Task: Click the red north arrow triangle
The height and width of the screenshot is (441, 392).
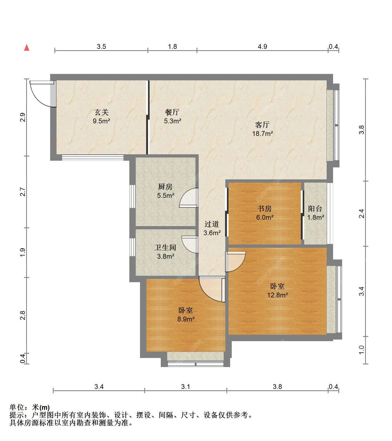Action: click(27, 48)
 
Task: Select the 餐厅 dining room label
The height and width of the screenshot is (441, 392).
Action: click(172, 112)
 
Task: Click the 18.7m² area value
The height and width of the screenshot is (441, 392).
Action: click(263, 134)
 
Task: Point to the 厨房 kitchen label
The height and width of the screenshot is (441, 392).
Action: click(165, 187)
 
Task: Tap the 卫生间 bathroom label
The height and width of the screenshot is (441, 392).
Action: click(165, 247)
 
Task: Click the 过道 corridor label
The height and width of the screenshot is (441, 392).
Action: click(212, 224)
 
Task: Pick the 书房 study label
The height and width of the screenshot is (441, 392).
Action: click(265, 208)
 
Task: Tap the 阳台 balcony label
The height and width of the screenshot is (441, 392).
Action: click(315, 208)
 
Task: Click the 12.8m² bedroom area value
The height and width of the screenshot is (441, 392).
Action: click(278, 295)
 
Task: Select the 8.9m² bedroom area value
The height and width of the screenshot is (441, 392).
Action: click(186, 319)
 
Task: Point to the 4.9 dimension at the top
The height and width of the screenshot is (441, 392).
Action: click(262, 47)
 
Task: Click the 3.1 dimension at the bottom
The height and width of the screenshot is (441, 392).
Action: click(186, 387)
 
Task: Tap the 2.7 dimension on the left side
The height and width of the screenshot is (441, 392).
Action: click(23, 192)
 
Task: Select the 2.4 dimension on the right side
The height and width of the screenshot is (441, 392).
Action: click(361, 214)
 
